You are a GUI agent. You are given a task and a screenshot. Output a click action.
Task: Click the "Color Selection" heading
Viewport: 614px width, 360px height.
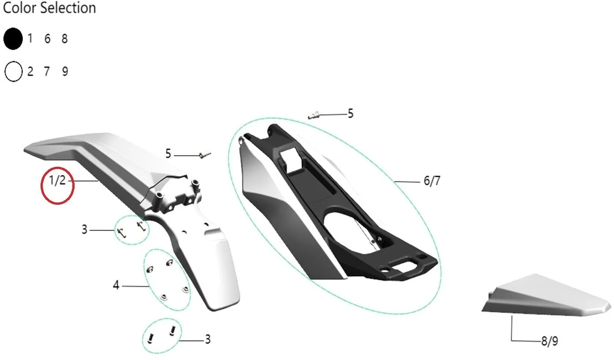49,7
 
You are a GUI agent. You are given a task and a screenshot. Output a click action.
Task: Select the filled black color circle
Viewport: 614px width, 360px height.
13,39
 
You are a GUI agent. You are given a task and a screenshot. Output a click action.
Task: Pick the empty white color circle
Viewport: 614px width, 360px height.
13,71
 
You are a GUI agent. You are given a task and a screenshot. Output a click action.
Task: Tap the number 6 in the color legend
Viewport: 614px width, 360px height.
48,39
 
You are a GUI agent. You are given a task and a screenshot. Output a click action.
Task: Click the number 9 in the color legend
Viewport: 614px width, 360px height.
65,71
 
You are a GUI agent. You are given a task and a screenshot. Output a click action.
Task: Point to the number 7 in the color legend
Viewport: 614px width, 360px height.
47,71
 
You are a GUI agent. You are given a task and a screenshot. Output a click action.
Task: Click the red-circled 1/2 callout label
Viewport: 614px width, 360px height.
57,180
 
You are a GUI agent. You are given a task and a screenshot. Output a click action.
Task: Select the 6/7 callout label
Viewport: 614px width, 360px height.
432,181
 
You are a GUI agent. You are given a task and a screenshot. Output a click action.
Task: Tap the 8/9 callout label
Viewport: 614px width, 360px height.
549,341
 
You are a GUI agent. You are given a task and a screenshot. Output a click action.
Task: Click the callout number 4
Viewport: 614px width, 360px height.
116,285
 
